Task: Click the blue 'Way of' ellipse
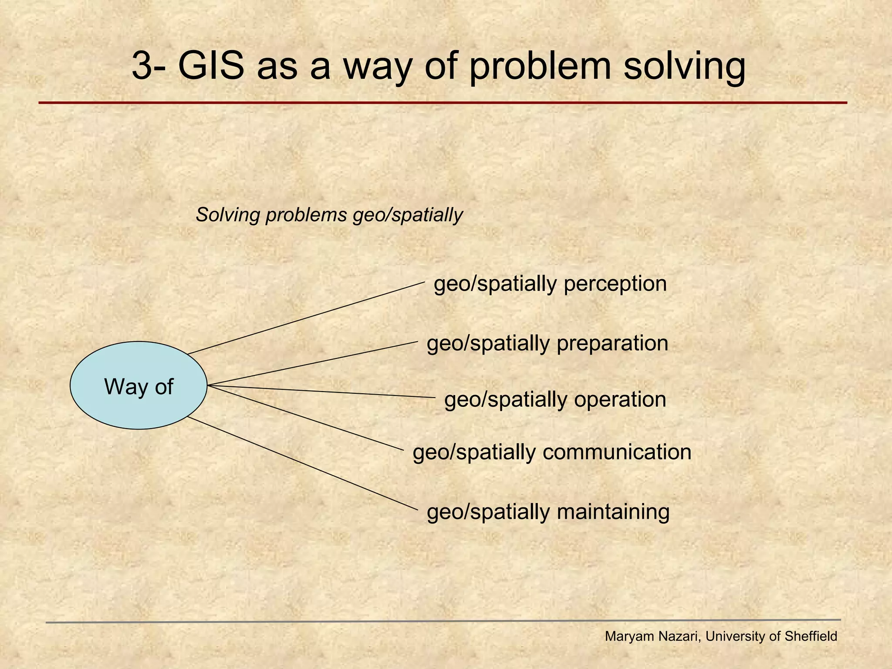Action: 139,386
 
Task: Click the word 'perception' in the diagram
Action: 615,284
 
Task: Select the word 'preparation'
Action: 612,344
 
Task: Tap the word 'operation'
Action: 620,400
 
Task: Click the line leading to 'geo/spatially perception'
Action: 305,318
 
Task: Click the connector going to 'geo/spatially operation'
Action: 322,392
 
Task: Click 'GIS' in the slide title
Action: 211,66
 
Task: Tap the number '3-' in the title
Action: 150,66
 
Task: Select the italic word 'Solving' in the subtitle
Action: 228,215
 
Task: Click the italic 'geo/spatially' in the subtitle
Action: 407,215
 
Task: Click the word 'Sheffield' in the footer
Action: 811,636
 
